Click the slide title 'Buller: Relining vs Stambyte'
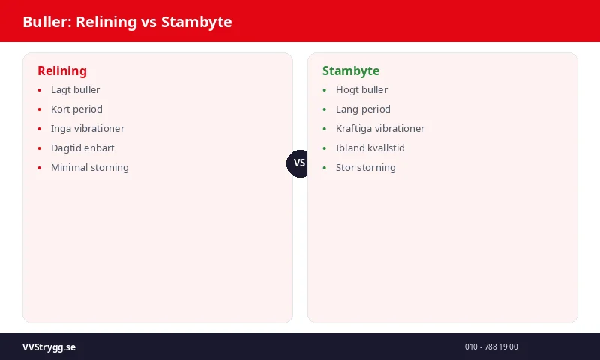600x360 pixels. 127,22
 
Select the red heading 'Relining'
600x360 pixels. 62,71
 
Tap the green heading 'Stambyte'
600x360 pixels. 351,71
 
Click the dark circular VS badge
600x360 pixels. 300,163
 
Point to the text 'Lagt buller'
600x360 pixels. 75,90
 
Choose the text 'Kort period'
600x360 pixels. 76,109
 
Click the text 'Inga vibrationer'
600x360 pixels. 88,129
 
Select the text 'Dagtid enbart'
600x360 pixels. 82,148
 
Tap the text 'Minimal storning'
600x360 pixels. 90,168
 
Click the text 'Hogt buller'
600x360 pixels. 361,90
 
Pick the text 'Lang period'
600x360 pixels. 363,109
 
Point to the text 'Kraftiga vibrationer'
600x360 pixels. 380,129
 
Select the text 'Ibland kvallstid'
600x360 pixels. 370,148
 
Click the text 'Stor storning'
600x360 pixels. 366,168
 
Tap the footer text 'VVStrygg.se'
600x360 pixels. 49,347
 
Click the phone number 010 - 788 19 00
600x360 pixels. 491,347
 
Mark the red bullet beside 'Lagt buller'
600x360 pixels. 40,90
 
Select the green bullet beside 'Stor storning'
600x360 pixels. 325,168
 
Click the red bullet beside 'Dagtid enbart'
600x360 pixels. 40,148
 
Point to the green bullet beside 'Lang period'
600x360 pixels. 325,109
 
